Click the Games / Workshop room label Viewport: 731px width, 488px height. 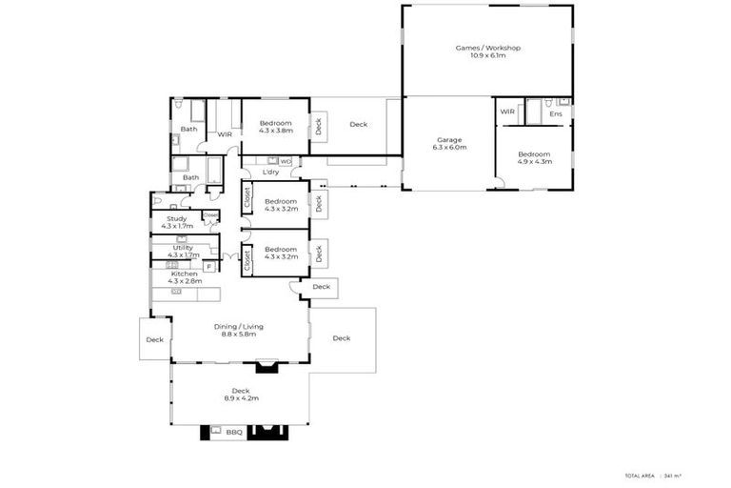[487, 51]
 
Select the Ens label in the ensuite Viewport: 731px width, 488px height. [556, 114]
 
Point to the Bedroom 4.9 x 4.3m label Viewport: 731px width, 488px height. [534, 157]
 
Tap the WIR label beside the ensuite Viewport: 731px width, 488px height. [506, 112]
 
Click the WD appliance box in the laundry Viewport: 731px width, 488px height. [286, 161]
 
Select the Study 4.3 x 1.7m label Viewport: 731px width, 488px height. [177, 222]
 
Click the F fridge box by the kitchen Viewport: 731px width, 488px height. [207, 267]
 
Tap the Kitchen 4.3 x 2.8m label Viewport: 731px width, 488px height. [185, 277]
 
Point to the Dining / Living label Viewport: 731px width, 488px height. [238, 330]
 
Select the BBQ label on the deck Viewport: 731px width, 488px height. [234, 432]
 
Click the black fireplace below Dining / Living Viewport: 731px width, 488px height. [267, 363]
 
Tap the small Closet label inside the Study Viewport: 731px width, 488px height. [208, 214]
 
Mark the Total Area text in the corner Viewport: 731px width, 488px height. [639, 474]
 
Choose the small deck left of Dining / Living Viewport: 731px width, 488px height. [154, 339]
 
